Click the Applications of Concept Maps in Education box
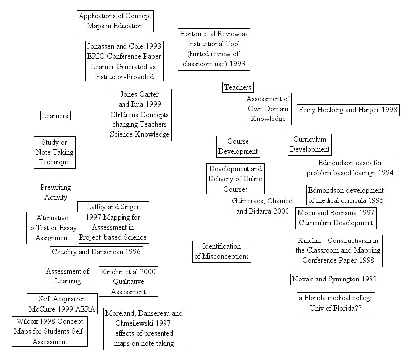point(115,21)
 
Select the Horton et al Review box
point(213,49)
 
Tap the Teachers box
point(238,87)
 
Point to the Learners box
point(55,116)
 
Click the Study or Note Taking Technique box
point(55,152)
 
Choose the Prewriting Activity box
point(55,192)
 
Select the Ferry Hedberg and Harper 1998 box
point(348,110)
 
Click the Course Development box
point(238,146)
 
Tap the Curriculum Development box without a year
point(310,144)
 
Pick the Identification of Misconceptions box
point(221,251)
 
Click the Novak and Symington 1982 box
point(334,280)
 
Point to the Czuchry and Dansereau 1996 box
point(96,252)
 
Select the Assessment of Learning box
point(68,276)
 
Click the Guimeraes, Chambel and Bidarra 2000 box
point(262,206)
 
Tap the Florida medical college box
point(335,303)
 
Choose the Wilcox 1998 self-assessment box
point(49,331)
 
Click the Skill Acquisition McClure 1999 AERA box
point(62,304)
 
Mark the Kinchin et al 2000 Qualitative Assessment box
point(128,281)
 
